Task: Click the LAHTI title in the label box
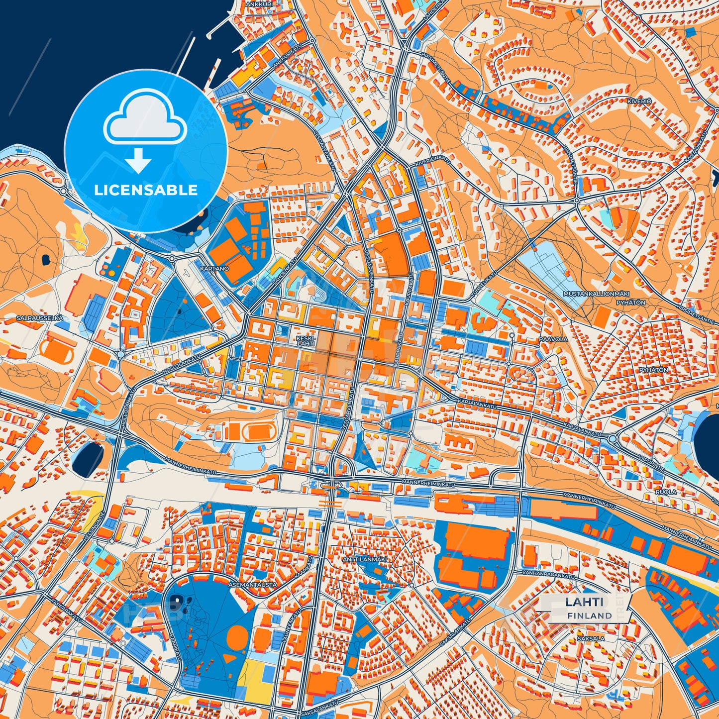coord(584,602)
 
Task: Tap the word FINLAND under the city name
coord(589,616)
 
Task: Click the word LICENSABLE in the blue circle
coord(146,190)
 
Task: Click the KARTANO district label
coord(214,269)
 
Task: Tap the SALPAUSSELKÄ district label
coord(32,317)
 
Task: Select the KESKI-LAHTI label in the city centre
coord(305,340)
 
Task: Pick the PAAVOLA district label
coord(553,339)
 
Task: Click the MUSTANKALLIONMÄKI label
coord(590,294)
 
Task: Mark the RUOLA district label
coord(665,492)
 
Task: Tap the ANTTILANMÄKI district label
coord(365,559)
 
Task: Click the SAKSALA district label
coord(591,638)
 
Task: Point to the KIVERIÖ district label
coord(639,101)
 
